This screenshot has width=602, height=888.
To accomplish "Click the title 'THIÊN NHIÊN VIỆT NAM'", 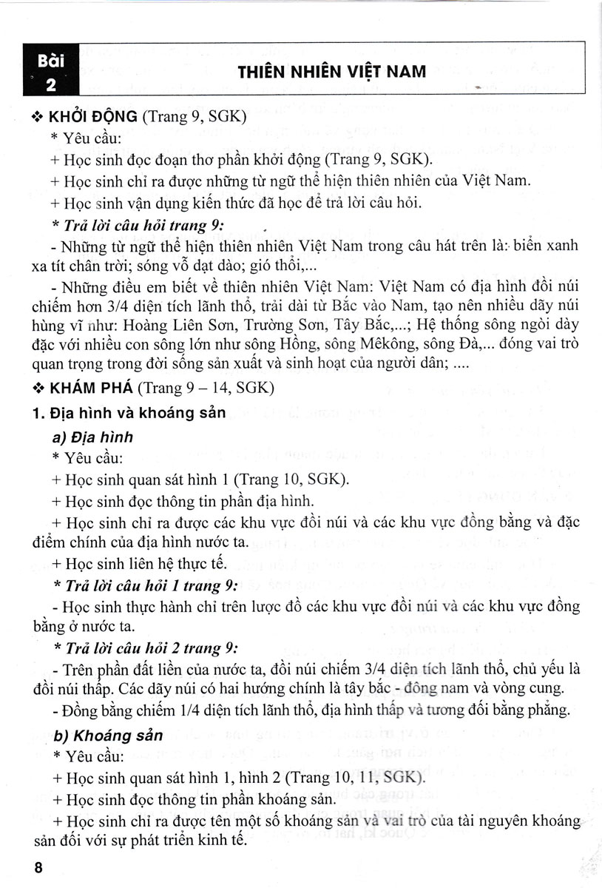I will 331,72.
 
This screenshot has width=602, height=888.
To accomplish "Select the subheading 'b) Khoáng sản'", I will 104,736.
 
